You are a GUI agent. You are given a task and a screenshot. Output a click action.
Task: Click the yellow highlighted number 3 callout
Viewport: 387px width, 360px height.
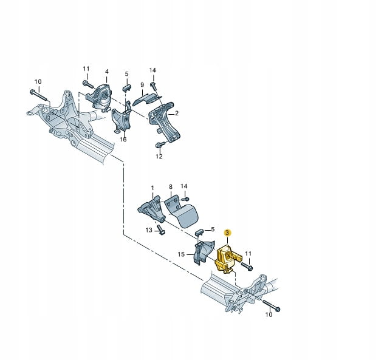pos(227,233)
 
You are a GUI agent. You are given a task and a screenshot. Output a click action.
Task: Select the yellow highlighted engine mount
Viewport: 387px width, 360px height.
pos(228,259)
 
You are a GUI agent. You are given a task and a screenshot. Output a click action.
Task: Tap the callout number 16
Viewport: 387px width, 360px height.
pos(123,140)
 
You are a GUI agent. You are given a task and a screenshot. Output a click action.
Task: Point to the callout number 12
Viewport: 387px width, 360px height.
pos(159,157)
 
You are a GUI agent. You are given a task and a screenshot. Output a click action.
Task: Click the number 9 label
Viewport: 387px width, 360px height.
pos(142,85)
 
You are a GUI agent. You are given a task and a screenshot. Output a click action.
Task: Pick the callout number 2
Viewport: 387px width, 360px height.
pos(177,114)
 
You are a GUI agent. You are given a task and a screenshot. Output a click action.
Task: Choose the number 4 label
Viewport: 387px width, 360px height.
pos(107,72)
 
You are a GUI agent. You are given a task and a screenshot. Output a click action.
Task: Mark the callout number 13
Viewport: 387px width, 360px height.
pos(149,230)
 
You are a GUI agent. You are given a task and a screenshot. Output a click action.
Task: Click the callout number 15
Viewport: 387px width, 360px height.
pos(181,254)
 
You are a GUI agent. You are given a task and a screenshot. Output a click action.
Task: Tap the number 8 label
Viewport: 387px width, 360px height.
pos(171,187)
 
